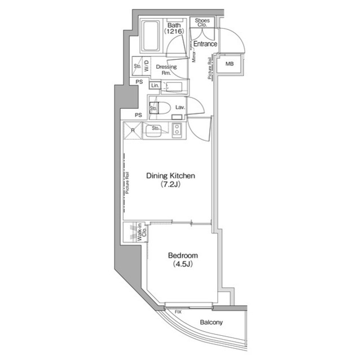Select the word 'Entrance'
click(x=205, y=44)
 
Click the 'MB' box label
click(x=229, y=64)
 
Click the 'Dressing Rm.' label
click(x=166, y=70)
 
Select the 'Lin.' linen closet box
click(x=155, y=86)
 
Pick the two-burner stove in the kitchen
click(x=176, y=131)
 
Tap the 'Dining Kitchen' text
click(x=170, y=176)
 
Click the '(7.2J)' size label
click(x=170, y=185)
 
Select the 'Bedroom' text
click(x=179, y=255)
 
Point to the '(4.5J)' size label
click(x=179, y=264)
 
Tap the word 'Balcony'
click(x=212, y=323)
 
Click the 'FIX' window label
click(x=178, y=312)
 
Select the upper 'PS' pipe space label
click(x=139, y=82)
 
